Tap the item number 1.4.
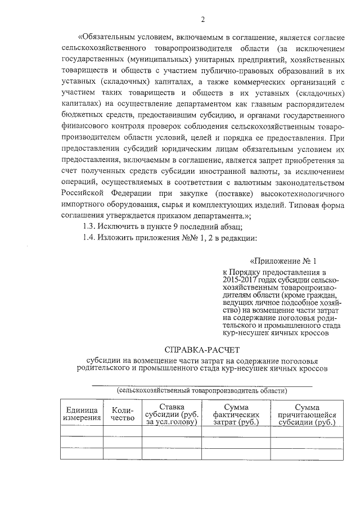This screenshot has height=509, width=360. coord(90,238)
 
